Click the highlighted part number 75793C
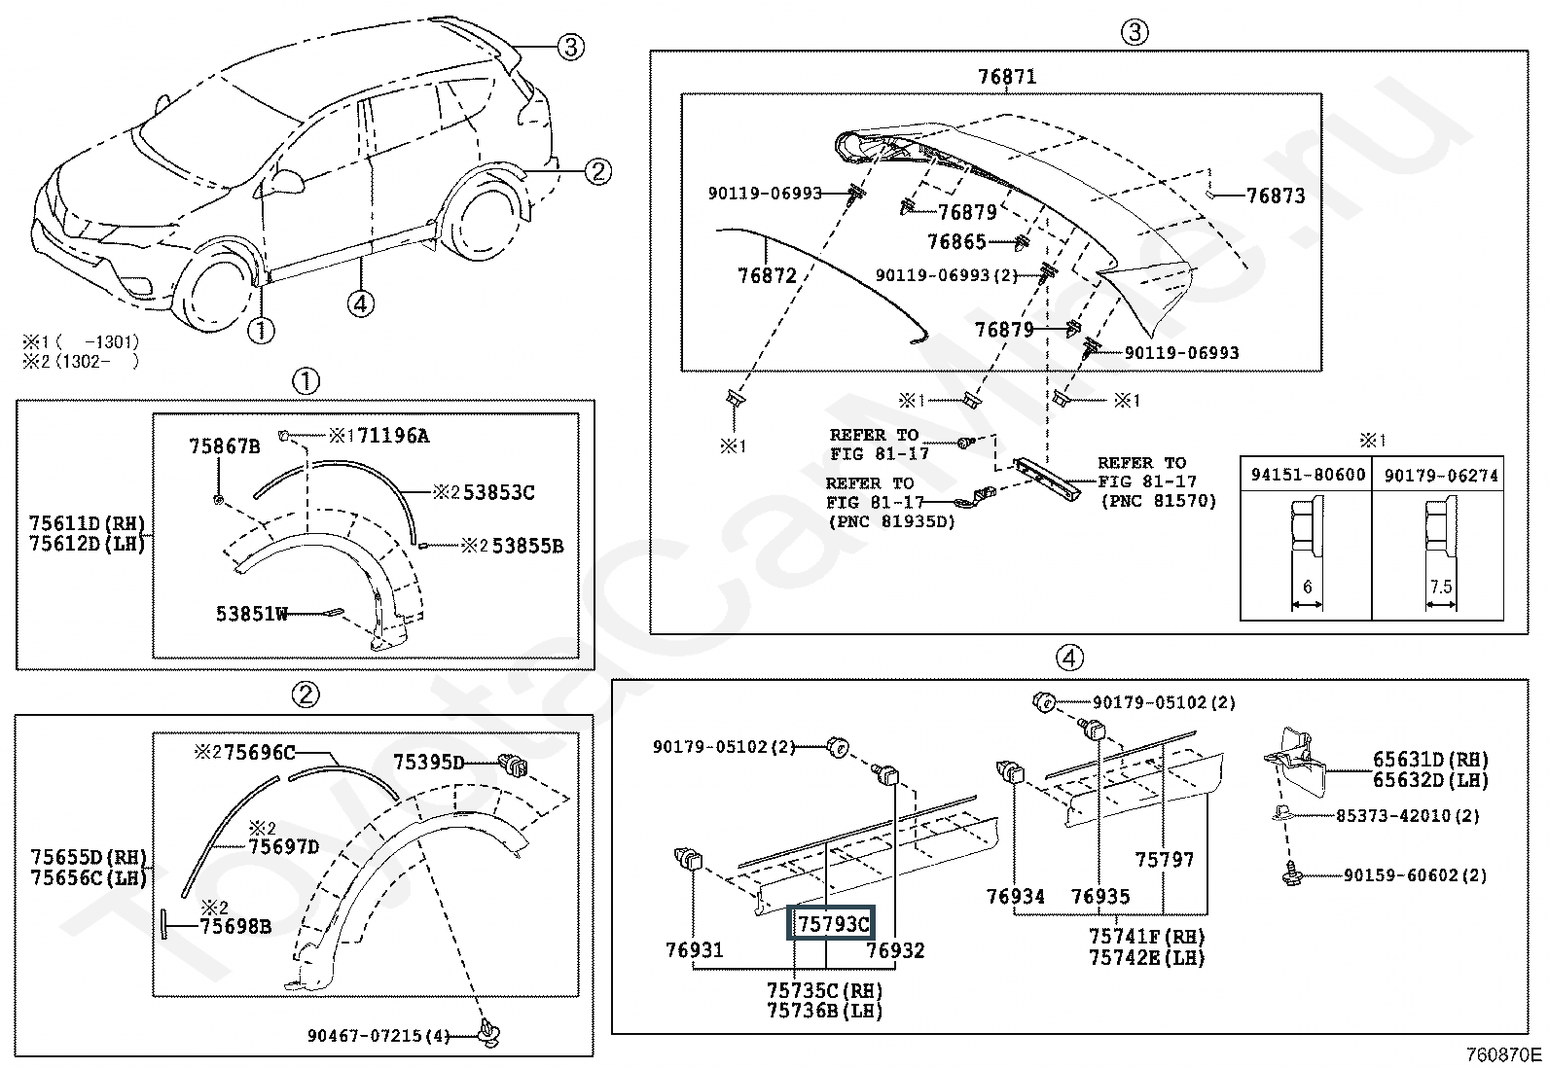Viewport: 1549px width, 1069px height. click(x=832, y=923)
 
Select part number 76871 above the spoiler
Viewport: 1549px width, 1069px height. click(x=1006, y=77)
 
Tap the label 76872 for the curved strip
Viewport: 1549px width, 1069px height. click(x=767, y=276)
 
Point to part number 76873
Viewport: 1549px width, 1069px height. click(x=1276, y=196)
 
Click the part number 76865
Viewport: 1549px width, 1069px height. click(x=956, y=242)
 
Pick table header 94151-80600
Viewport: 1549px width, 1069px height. click(x=1308, y=475)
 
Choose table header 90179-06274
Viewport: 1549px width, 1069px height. click(x=1441, y=475)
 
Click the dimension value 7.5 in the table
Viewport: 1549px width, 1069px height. click(x=1441, y=587)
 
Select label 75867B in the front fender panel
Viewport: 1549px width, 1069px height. click(x=224, y=446)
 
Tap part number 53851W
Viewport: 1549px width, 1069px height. click(x=252, y=614)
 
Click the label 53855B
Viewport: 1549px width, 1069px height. click(x=527, y=546)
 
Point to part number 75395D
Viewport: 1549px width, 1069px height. click(x=429, y=762)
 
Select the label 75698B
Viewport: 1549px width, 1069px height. click(x=235, y=926)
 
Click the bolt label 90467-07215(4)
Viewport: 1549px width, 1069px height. click(x=378, y=1036)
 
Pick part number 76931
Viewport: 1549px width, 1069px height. click(x=695, y=949)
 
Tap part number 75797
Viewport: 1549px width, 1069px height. click(x=1164, y=860)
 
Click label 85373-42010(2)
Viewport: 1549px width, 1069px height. click(x=1407, y=816)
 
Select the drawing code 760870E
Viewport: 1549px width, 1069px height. click(x=1504, y=1054)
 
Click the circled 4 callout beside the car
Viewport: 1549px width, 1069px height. click(x=360, y=303)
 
